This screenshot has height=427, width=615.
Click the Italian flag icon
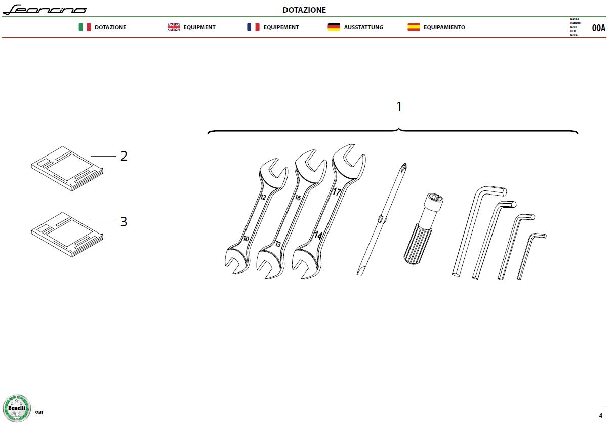pos(85,27)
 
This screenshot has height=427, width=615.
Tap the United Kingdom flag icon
pos(174,27)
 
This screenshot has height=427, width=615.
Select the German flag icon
pos(334,27)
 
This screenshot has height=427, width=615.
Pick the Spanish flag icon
pos(414,27)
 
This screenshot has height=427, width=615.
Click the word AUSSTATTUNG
pos(363,27)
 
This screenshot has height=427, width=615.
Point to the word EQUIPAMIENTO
pos(444,27)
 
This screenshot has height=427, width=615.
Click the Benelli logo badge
pos(17,408)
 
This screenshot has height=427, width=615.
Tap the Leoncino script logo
pos(45,10)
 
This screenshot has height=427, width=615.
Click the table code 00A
pos(598,28)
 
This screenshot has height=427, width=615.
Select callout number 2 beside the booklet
pos(124,156)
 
